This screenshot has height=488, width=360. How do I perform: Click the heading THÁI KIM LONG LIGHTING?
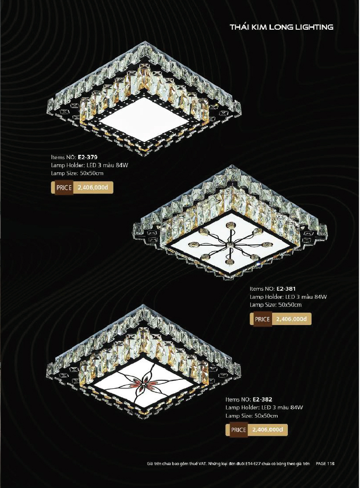pyautogui.click(x=281, y=27)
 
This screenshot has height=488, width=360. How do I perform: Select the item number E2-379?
pyautogui.click(x=87, y=157)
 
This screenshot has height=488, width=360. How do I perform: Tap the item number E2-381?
pyautogui.click(x=286, y=289)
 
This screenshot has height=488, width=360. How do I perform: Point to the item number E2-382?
pyautogui.click(x=262, y=399)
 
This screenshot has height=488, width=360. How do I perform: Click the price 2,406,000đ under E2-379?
pyautogui.click(x=93, y=188)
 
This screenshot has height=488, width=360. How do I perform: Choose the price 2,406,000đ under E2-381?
pyautogui.click(x=291, y=319)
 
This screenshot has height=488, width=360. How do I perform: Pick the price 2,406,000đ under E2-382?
pyautogui.click(x=267, y=430)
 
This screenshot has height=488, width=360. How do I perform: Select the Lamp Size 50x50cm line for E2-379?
pyautogui.click(x=77, y=174)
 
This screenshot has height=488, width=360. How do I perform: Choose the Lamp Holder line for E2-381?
pyautogui.click(x=288, y=297)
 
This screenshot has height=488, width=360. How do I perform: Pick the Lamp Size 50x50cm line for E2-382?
pyautogui.click(x=252, y=416)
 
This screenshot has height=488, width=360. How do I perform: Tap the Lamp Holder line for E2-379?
pyautogui.click(x=90, y=165)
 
